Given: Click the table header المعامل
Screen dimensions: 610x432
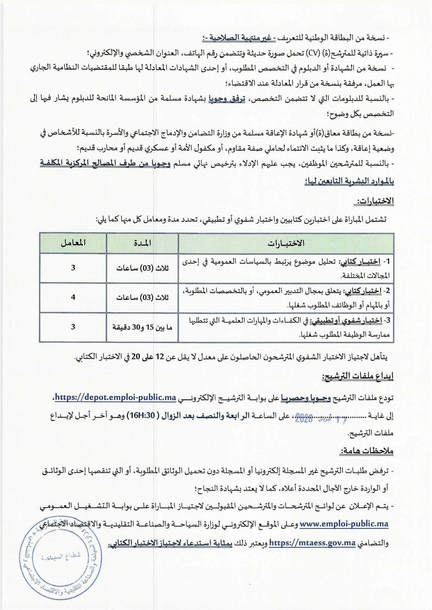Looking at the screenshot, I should (x=73, y=243).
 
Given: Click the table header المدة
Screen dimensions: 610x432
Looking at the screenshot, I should (x=143, y=243).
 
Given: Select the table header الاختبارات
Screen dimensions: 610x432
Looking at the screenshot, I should (x=286, y=243).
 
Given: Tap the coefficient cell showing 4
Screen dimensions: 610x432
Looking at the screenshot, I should (x=73, y=297).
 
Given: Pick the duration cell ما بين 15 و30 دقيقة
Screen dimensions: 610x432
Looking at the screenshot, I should (x=143, y=327).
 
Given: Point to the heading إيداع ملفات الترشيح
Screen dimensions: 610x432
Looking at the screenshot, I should (x=358, y=376).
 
